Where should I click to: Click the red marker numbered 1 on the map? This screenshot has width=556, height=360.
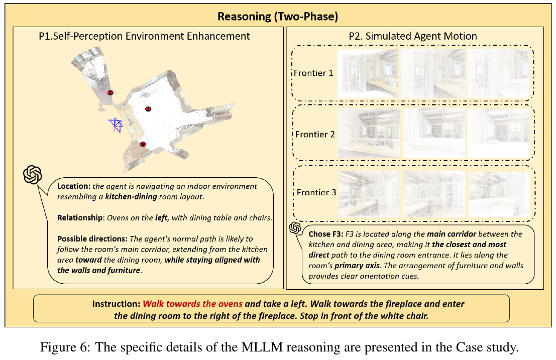click(110, 93)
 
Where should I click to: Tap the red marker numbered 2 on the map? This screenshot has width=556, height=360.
click(148, 109)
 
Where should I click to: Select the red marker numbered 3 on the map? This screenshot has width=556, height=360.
click(143, 144)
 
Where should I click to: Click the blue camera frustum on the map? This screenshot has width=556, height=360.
click(116, 125)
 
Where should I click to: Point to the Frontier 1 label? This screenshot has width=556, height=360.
click(313, 73)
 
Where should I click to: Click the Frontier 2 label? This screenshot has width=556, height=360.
click(315, 134)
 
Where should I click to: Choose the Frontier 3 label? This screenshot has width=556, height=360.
click(316, 192)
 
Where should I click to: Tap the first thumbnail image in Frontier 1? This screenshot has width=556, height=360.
click(367, 74)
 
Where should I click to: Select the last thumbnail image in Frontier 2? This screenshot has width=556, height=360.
click(499, 133)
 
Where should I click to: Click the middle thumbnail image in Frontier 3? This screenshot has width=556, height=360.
click(434, 194)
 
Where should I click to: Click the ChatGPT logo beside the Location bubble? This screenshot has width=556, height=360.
click(33, 175)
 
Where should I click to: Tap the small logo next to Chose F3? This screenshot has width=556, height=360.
click(295, 227)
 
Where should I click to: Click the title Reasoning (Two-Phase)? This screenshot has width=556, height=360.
click(278, 16)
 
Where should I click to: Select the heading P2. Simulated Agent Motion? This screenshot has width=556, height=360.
click(413, 36)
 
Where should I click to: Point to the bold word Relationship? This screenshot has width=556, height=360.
click(80, 217)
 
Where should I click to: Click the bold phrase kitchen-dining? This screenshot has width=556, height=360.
click(131, 197)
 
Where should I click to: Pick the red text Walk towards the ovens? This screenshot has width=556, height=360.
click(192, 304)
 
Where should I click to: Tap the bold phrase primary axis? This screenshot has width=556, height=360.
click(357, 266)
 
